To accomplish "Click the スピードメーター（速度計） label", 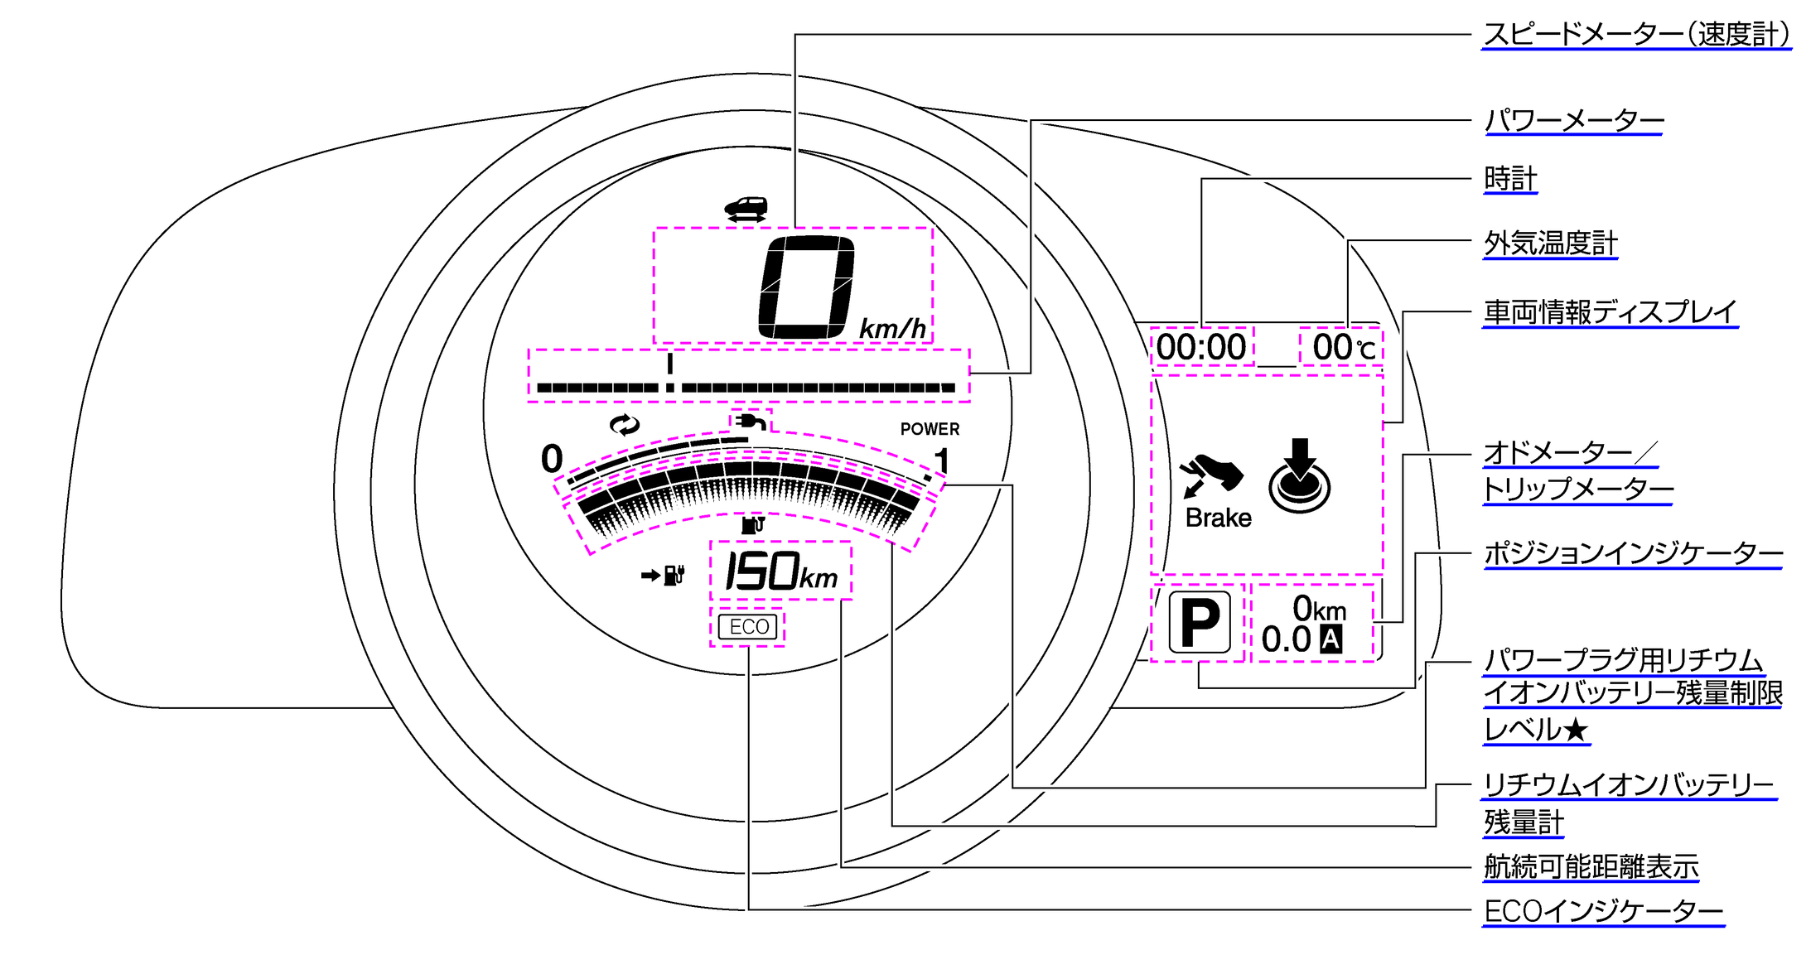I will pos(1636,35).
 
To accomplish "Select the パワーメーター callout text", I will pos(1573,121).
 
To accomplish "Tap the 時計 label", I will pos(1510,179).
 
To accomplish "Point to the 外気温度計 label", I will pos(1550,244).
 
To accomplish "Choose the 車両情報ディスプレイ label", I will pos(1610,312).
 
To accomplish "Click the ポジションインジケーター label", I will pos(1632,553).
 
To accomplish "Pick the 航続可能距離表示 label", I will pos(1591,867).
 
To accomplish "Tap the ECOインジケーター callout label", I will pos(1603,911).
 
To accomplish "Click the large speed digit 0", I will pos(807,287).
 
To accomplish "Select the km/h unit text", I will pos(892,329).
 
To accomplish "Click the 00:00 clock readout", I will pos(1201,347).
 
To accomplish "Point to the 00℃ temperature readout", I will pos(1343,347).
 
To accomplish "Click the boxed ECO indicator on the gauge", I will pos(748,627).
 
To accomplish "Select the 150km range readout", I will pos(781,571).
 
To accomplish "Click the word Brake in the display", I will pos(1218,518).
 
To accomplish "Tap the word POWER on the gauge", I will pos(930,429).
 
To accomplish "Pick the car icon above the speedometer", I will pos(746,208).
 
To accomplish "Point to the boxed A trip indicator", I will pos(1330,639).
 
